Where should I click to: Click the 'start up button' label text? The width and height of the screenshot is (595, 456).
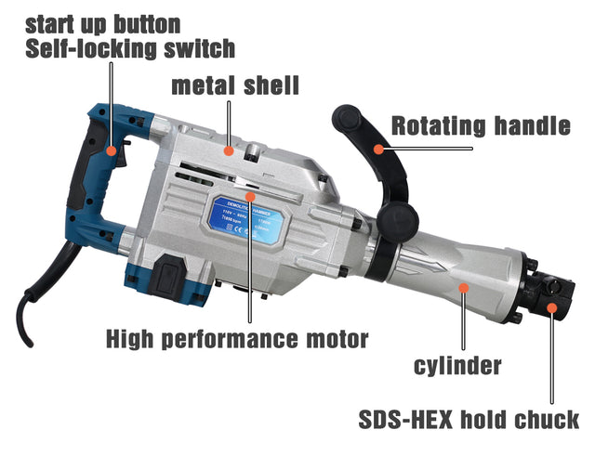coord(103,21)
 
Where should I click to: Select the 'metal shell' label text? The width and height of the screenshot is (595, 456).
coord(235,86)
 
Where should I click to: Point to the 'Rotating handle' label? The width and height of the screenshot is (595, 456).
coord(480,126)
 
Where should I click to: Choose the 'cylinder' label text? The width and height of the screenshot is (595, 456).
coord(457,365)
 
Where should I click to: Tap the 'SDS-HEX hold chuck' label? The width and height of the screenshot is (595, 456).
coord(469,419)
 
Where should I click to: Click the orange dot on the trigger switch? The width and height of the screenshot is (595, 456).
coord(111,149)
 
